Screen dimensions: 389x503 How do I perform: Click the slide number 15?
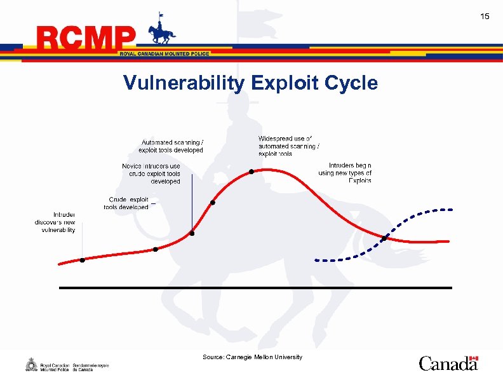(x=485, y=16)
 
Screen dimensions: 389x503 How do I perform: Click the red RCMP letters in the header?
(x=86, y=39)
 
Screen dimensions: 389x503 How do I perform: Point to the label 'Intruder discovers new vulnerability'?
(x=55, y=222)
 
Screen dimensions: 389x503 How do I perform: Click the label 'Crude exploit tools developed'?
(x=126, y=203)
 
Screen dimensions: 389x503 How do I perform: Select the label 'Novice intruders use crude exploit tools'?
(x=151, y=174)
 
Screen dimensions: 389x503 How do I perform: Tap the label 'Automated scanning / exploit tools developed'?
(x=171, y=146)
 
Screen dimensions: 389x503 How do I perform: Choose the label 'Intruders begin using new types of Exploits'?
(x=345, y=173)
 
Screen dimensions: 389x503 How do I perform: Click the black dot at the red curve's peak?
(x=251, y=172)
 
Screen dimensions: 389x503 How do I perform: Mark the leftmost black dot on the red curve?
(x=82, y=260)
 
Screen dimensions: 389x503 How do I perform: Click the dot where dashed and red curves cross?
(x=384, y=238)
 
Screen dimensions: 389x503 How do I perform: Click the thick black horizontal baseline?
(x=254, y=288)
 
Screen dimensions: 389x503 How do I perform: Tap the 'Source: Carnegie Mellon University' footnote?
(x=252, y=357)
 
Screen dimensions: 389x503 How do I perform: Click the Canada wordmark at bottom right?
(x=448, y=363)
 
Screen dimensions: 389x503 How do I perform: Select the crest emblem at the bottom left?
(x=30, y=365)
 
